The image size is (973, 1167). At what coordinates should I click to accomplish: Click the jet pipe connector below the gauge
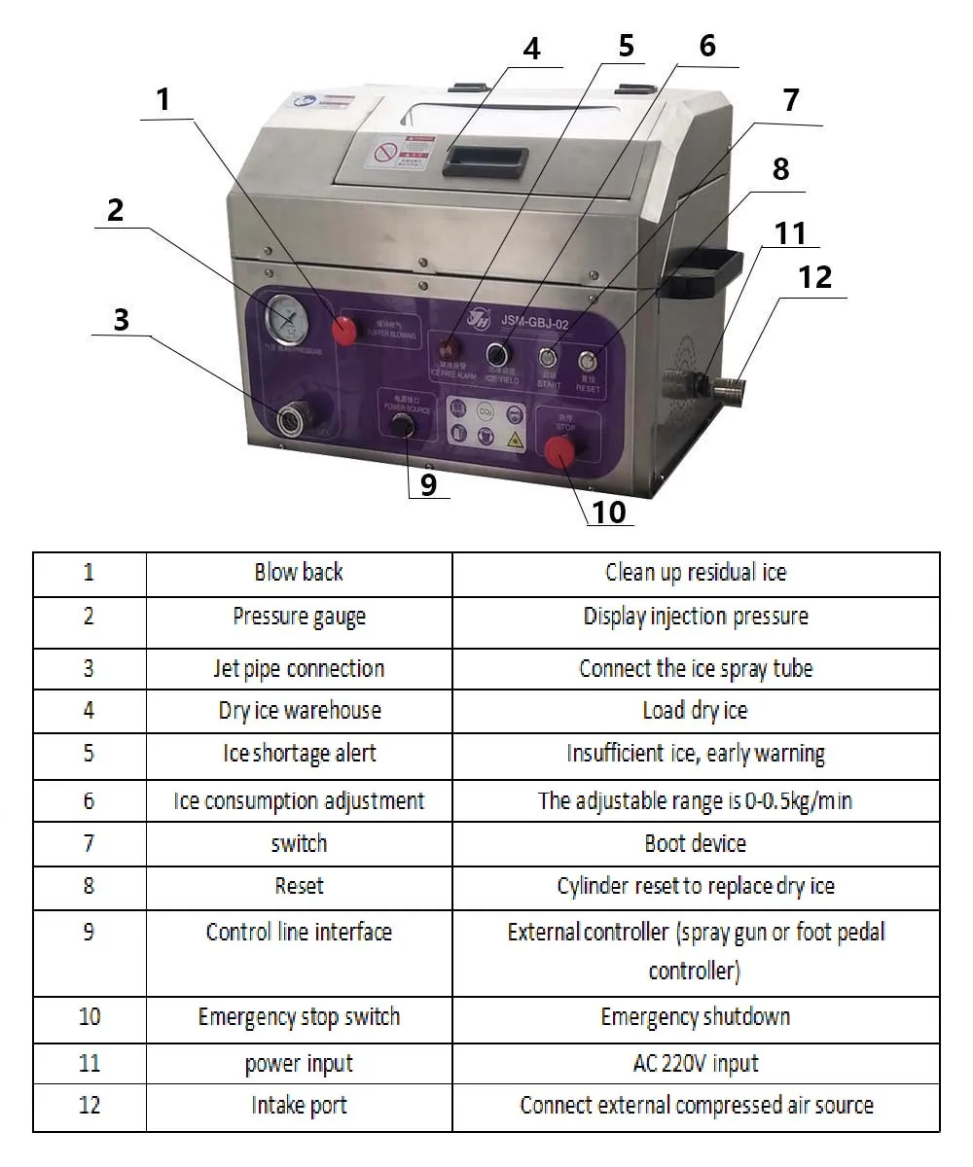(290, 420)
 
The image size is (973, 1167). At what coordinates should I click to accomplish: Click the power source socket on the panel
(398, 425)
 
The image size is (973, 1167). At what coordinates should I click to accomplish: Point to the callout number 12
(815, 277)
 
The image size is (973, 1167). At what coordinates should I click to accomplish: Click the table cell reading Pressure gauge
(299, 617)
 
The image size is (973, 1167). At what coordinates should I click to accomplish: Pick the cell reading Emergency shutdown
(696, 1017)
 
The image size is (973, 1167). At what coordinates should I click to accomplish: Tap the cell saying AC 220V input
(696, 1063)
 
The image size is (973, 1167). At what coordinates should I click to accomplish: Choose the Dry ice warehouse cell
(299, 711)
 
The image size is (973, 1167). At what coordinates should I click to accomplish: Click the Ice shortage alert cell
(299, 754)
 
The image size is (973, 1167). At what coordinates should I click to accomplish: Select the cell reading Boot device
(696, 843)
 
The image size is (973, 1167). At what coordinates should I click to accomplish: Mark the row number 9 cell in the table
(89, 932)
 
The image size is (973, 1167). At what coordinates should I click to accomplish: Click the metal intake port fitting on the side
(730, 391)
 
